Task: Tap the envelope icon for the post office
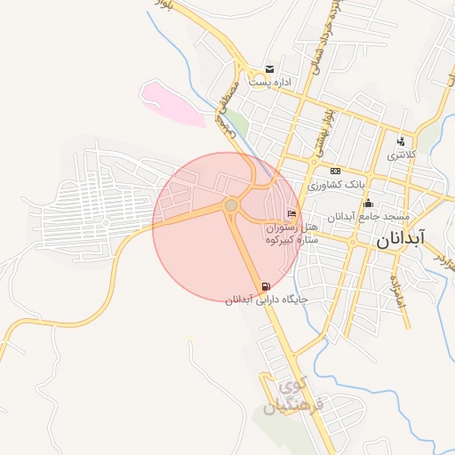coord(269,70)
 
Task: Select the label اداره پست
coord(270,83)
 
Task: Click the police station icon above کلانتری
coord(402,141)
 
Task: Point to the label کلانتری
coord(401,155)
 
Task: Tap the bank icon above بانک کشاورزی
coord(335,172)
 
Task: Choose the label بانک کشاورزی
coord(337,185)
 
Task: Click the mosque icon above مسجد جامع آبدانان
coord(369,204)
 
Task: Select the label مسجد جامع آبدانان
coord(368,217)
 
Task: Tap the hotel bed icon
coord(292,214)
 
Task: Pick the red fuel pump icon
coord(266,286)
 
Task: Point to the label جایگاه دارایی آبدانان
coord(267,300)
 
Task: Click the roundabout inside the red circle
coord(231,205)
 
